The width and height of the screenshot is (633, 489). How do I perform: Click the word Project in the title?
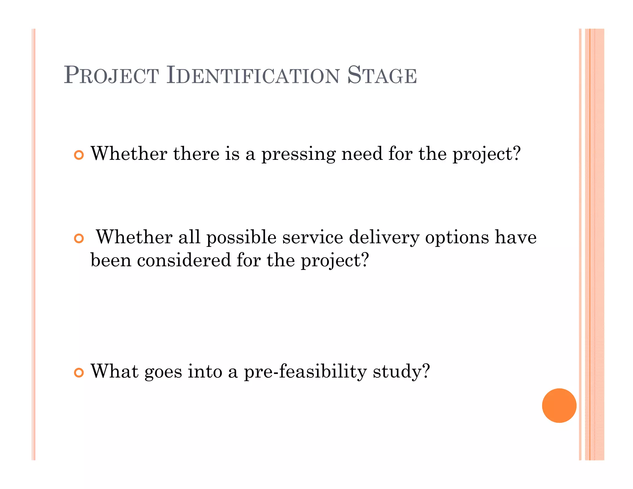(111, 75)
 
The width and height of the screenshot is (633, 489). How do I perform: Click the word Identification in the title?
(253, 75)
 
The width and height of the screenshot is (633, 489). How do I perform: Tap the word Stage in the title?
(382, 75)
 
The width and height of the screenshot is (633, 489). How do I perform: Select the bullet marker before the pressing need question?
(79, 155)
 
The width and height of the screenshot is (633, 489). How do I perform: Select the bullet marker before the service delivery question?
(79, 238)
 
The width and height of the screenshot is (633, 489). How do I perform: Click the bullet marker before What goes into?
(79, 373)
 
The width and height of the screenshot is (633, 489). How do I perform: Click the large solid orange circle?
(559, 405)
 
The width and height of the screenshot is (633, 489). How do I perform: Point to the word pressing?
(298, 154)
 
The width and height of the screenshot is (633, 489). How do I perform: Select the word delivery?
(384, 238)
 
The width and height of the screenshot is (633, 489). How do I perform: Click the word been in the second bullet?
(111, 260)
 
